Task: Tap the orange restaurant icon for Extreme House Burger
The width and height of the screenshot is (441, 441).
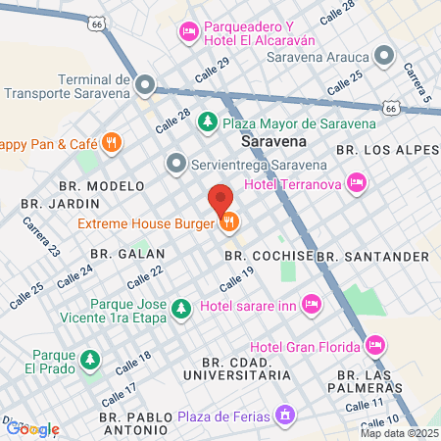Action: click(x=229, y=222)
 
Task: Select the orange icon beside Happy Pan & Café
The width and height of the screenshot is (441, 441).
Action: click(x=113, y=143)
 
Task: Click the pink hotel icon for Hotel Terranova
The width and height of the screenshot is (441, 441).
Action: click(x=358, y=181)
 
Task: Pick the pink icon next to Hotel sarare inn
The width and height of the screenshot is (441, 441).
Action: click(x=312, y=307)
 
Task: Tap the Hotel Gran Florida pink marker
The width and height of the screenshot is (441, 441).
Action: click(x=374, y=345)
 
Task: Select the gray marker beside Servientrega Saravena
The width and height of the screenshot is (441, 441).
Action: click(x=176, y=162)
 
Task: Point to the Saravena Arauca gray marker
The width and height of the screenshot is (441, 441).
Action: click(x=384, y=56)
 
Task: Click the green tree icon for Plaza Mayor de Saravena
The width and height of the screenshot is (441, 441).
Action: click(x=207, y=122)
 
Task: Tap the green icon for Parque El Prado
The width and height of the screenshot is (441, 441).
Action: click(x=90, y=360)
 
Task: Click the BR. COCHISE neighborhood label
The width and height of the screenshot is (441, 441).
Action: click(x=269, y=255)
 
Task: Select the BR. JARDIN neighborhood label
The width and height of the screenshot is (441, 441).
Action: click(x=61, y=203)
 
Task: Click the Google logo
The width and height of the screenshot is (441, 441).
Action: click(x=32, y=428)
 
